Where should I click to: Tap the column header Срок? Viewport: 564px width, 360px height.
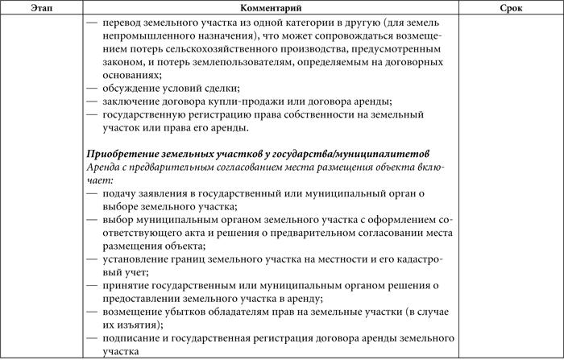click(x=510, y=7)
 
